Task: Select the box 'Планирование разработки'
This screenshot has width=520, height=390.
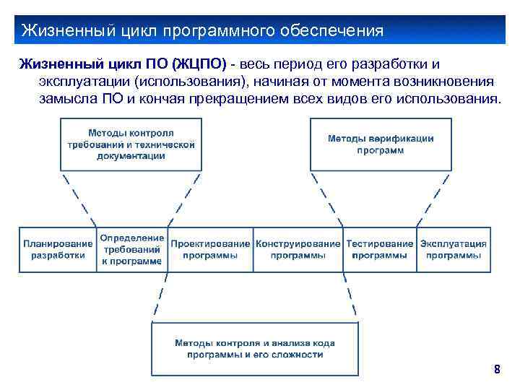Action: (58, 249)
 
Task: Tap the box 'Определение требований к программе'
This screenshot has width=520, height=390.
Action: (132, 249)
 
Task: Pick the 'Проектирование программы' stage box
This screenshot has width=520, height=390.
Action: (210, 249)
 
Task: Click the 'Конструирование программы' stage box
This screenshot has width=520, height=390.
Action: (298, 249)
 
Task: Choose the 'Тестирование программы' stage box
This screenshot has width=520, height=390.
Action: (380, 249)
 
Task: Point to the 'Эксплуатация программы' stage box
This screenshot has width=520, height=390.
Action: (454, 249)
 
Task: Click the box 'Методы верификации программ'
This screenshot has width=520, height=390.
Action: (381, 144)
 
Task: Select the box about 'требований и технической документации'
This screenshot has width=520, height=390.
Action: (131, 144)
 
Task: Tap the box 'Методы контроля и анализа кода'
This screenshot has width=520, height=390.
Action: (254, 349)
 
